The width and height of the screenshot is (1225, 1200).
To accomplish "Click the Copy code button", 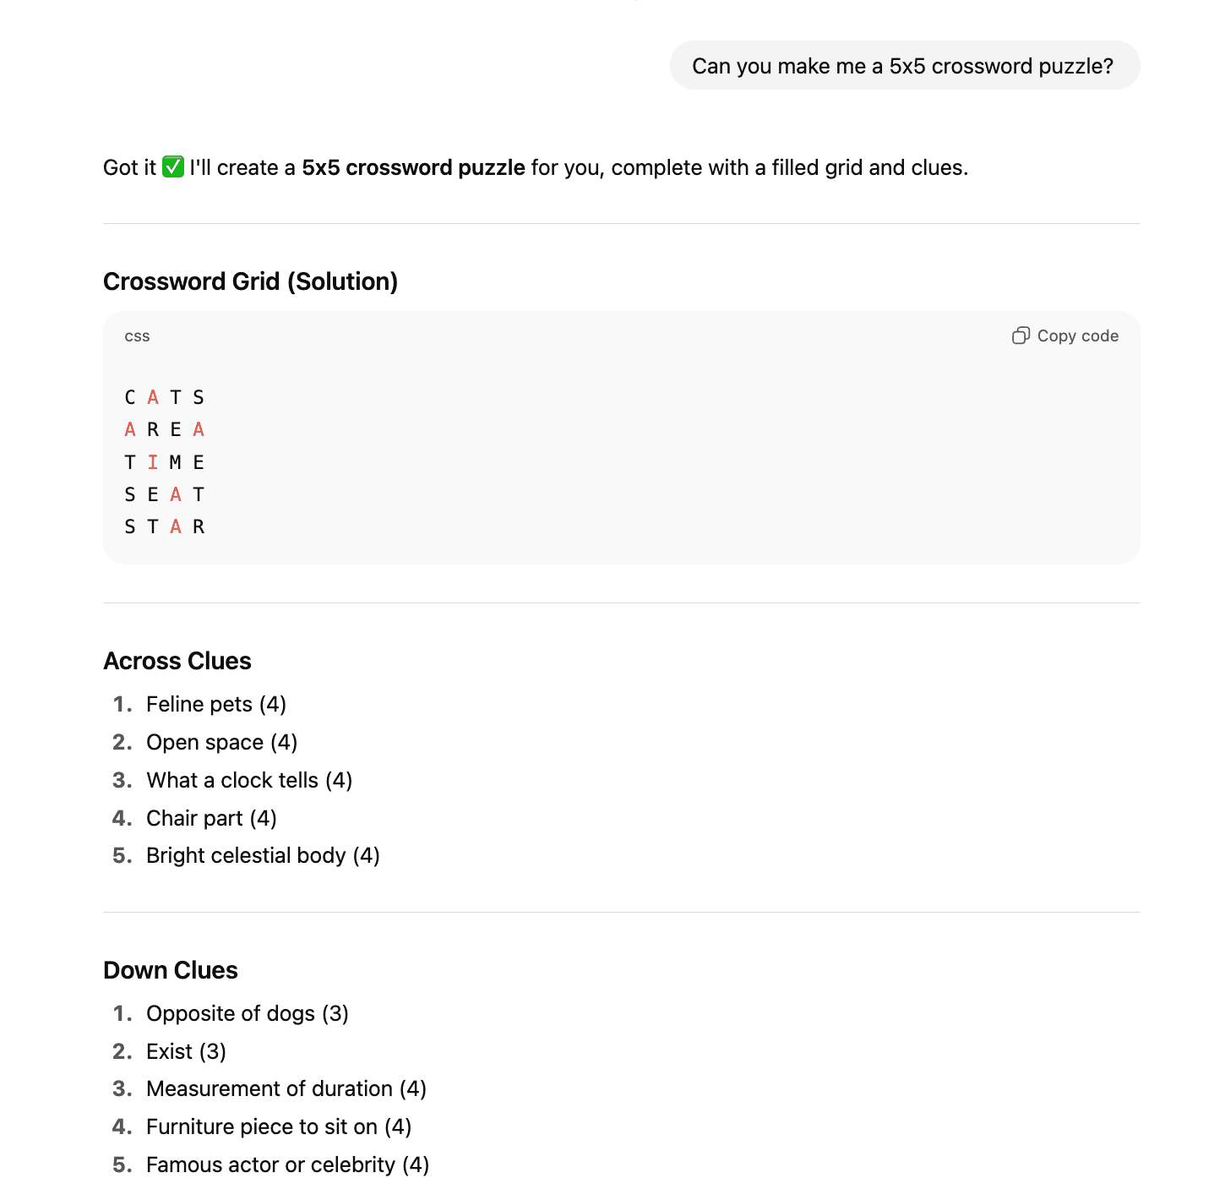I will pyautogui.click(x=1065, y=336).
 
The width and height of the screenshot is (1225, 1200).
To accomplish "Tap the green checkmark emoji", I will pyautogui.click(x=173, y=167).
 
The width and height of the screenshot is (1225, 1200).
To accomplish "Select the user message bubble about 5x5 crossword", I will pyautogui.click(x=904, y=66).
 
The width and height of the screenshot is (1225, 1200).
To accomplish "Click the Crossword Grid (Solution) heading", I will pyautogui.click(x=250, y=281).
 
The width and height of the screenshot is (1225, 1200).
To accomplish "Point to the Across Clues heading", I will pyautogui.click(x=177, y=661).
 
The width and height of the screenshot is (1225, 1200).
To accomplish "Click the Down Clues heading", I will pyautogui.click(x=171, y=970).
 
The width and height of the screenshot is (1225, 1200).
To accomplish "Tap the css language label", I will pyautogui.click(x=137, y=336).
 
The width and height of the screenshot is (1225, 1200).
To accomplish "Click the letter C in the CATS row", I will pyautogui.click(x=130, y=398).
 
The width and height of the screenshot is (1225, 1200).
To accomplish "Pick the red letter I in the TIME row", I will pyautogui.click(x=153, y=462).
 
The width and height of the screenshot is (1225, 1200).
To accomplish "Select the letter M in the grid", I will pyautogui.click(x=176, y=462).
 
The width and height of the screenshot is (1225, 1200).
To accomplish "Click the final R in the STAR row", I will pyautogui.click(x=199, y=527).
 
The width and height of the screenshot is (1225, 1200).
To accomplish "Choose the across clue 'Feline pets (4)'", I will pyautogui.click(x=216, y=704).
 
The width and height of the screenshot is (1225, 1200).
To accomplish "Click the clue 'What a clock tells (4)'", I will pyautogui.click(x=249, y=780).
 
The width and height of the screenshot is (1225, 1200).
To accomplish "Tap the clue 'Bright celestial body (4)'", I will pyautogui.click(x=263, y=855).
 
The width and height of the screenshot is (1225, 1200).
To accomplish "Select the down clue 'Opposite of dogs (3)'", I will pyautogui.click(x=248, y=1013).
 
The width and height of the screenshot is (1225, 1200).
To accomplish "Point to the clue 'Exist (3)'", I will pyautogui.click(x=186, y=1051).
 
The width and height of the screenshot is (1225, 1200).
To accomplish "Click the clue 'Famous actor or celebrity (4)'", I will pyautogui.click(x=287, y=1165).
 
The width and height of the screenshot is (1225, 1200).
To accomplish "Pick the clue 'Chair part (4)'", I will pyautogui.click(x=211, y=818).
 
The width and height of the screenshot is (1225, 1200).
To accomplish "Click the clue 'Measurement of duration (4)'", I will pyautogui.click(x=286, y=1088).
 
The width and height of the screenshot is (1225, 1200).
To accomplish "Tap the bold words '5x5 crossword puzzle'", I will pyautogui.click(x=413, y=167).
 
